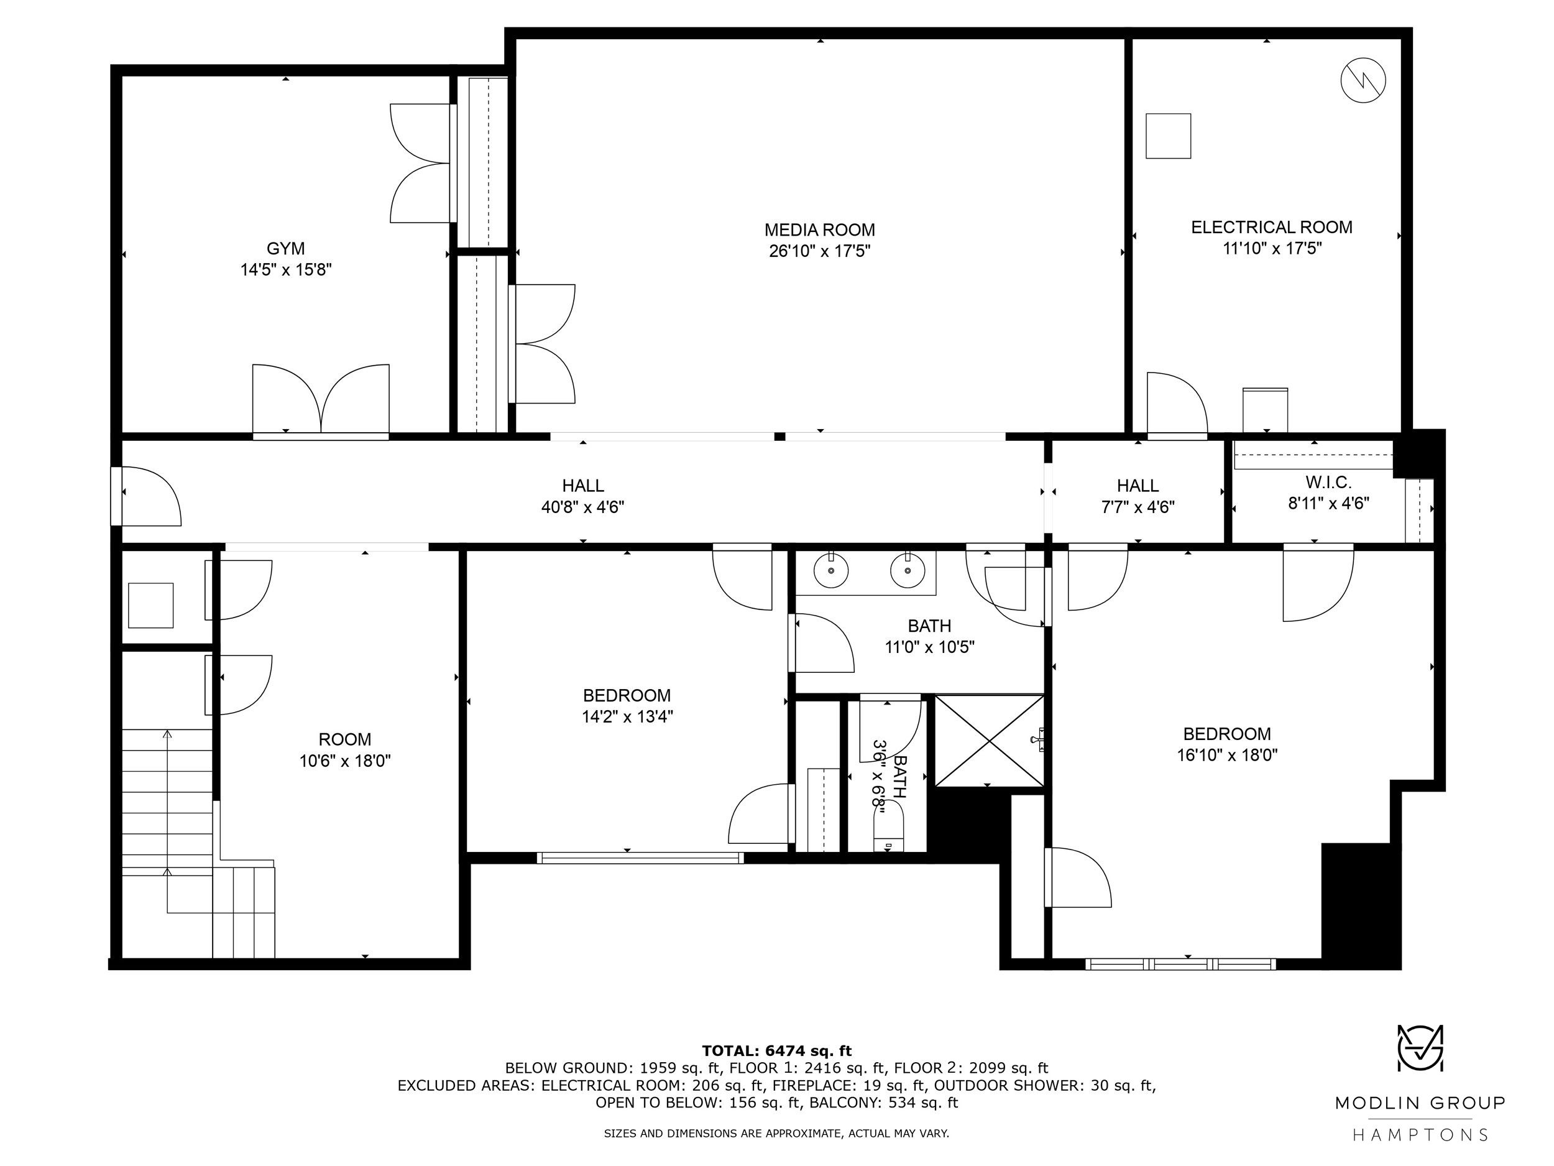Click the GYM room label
(x=285, y=248)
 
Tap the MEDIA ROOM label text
(x=820, y=230)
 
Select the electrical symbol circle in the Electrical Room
(x=1363, y=81)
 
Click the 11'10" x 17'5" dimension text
(x=1272, y=248)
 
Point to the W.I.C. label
(x=1328, y=482)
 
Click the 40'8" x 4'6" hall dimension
(x=582, y=507)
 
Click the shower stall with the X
(x=989, y=741)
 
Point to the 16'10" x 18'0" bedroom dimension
(x=1227, y=755)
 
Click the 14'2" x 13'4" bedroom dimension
(x=627, y=716)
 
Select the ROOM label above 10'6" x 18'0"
(x=345, y=739)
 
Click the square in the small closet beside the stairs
(x=150, y=605)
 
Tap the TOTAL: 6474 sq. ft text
(x=776, y=1051)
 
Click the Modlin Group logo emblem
(x=1420, y=1047)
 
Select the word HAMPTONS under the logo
(x=1420, y=1134)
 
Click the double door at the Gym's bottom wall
(x=321, y=400)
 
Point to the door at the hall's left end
(x=146, y=496)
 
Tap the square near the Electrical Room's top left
(x=1169, y=136)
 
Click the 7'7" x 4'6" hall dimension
(x=1138, y=507)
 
